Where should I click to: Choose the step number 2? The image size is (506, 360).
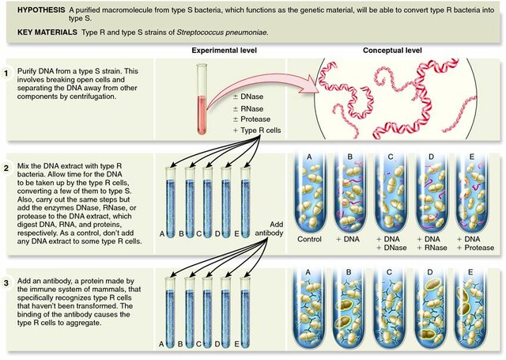[x=8, y=169]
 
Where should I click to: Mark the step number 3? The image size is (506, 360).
[x=8, y=281]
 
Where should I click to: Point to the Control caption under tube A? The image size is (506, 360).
[x=308, y=239]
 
